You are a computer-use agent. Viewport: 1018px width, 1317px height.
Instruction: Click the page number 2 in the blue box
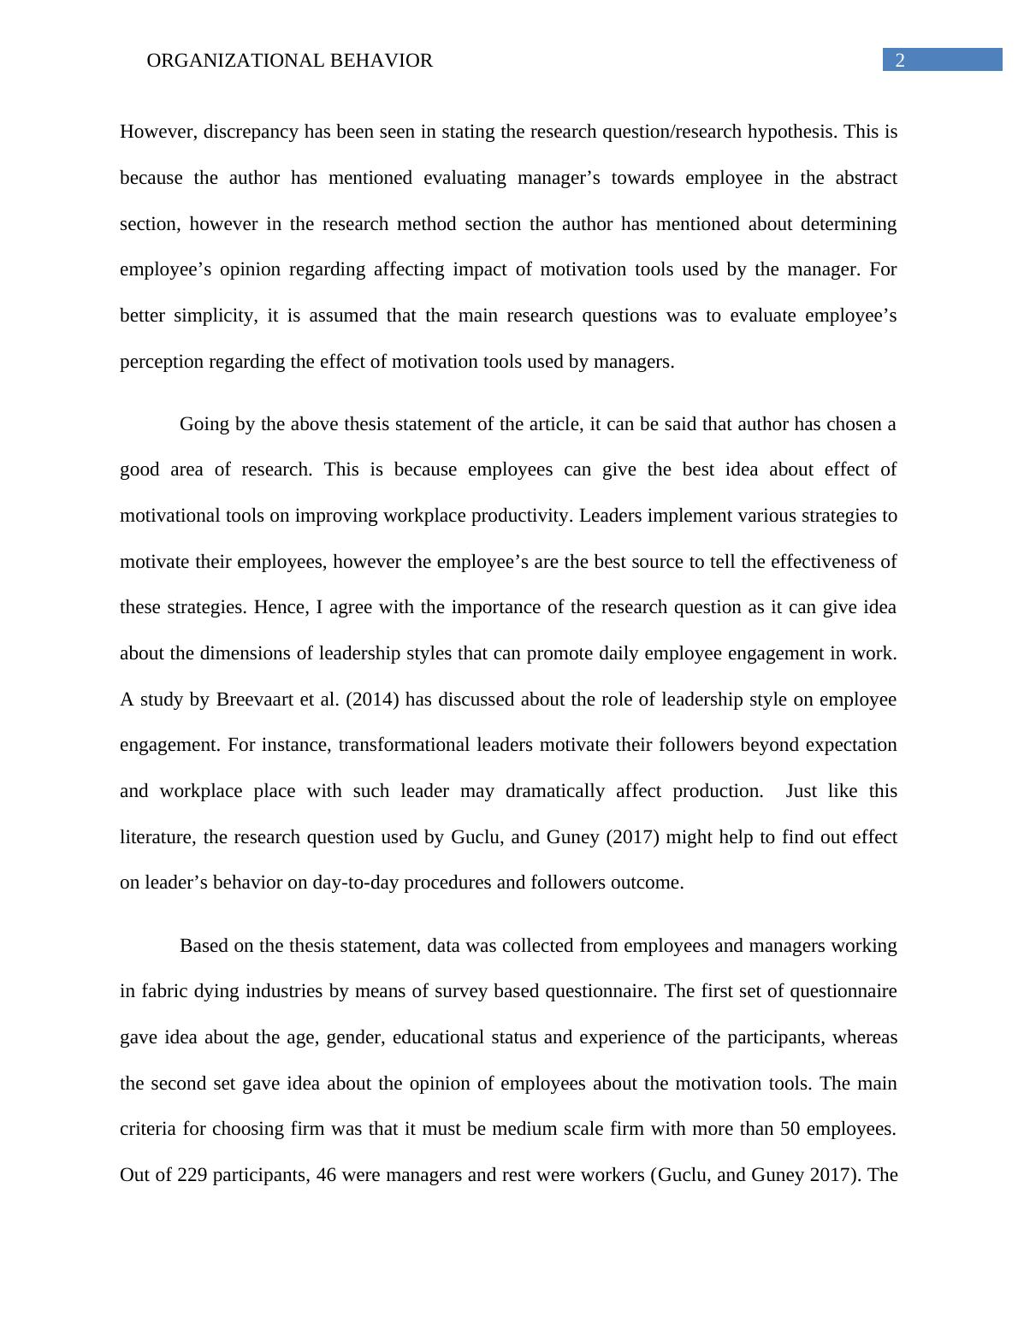(x=899, y=60)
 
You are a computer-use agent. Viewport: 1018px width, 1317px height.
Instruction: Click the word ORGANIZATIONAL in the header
(x=220, y=61)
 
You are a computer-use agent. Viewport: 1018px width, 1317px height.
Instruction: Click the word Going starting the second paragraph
(x=204, y=424)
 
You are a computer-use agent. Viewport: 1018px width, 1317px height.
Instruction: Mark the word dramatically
(x=555, y=791)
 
